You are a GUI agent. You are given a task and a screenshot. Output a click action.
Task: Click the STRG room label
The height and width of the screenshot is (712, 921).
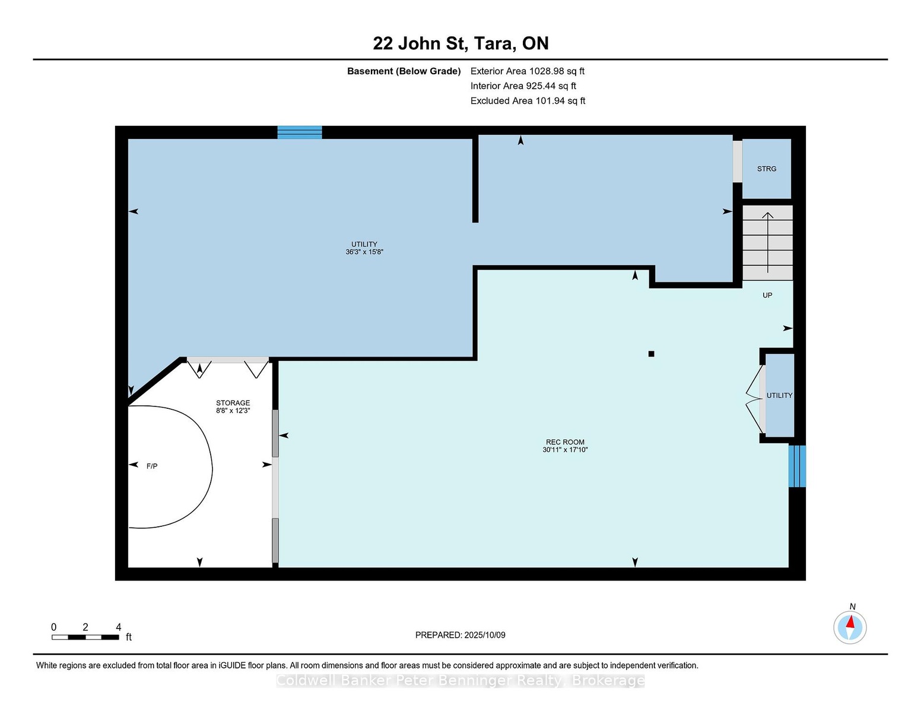(x=766, y=169)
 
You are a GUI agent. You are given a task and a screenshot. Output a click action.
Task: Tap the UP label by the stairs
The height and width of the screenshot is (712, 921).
(x=767, y=295)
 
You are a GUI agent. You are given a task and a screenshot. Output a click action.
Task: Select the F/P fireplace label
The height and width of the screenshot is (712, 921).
(x=152, y=466)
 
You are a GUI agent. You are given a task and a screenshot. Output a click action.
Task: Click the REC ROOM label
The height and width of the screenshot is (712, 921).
(x=565, y=442)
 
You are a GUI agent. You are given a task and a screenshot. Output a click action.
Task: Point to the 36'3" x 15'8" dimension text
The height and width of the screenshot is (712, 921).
(x=364, y=252)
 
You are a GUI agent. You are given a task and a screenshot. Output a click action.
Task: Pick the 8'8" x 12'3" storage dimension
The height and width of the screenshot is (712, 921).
(x=233, y=411)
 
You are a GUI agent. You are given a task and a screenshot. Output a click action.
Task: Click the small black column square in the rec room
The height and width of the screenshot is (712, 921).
(x=651, y=354)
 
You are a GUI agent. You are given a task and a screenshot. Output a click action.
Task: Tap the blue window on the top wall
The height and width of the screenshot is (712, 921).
(x=300, y=132)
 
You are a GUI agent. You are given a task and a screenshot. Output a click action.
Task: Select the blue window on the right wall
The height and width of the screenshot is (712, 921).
(x=797, y=466)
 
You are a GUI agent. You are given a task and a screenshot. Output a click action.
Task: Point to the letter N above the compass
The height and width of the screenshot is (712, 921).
(x=852, y=606)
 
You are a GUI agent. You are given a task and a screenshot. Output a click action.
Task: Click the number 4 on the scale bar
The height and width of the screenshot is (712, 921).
(x=118, y=627)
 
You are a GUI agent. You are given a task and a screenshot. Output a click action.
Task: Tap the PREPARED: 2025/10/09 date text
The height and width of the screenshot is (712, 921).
(x=460, y=635)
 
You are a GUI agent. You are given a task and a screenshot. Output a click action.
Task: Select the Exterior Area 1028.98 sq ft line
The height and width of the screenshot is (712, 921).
(x=527, y=71)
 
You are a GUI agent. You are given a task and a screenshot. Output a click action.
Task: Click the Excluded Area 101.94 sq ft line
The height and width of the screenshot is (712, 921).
(x=528, y=101)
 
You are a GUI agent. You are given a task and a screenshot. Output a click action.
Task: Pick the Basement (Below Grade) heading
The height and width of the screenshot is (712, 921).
(x=404, y=71)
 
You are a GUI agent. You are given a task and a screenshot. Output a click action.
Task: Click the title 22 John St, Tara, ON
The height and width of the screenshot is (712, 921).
(x=460, y=43)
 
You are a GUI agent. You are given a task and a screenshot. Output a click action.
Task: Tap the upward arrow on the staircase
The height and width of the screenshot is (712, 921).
(x=767, y=243)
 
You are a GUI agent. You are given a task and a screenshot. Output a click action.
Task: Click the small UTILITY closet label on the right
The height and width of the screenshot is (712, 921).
(x=779, y=395)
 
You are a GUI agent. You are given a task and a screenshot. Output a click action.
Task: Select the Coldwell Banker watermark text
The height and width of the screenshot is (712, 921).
(x=460, y=681)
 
